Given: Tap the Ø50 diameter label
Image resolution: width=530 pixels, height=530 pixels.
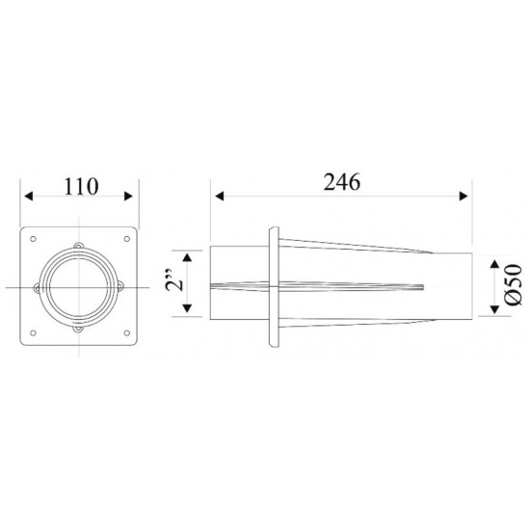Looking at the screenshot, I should click(x=513, y=286).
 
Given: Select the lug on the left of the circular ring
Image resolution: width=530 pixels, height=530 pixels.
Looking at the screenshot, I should click(x=38, y=287).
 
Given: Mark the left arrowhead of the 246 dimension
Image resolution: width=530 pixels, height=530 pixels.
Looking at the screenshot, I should click(x=216, y=196).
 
